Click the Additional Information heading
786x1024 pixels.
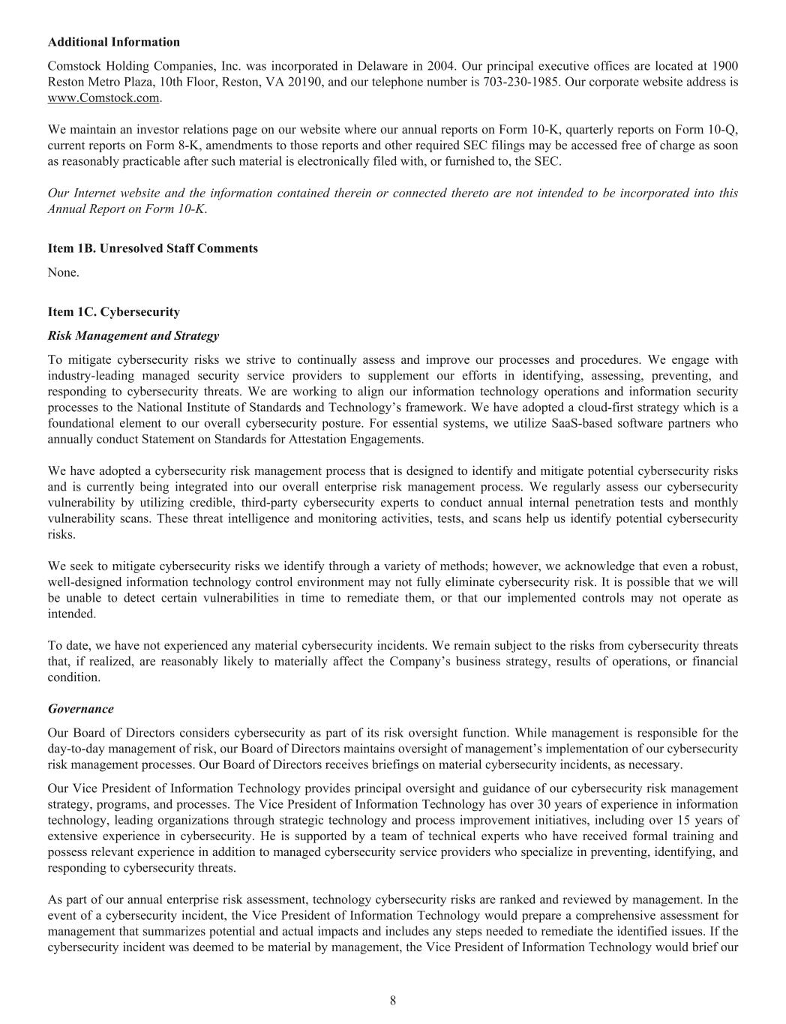pos(113,42)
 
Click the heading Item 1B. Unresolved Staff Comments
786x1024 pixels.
pos(152,248)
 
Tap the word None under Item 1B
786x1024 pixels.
pos(63,272)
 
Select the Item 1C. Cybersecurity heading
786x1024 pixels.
pos(113,311)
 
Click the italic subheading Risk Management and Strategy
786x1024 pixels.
pos(133,335)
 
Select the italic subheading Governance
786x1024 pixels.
pos(81,709)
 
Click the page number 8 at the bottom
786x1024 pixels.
pos(393,1000)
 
